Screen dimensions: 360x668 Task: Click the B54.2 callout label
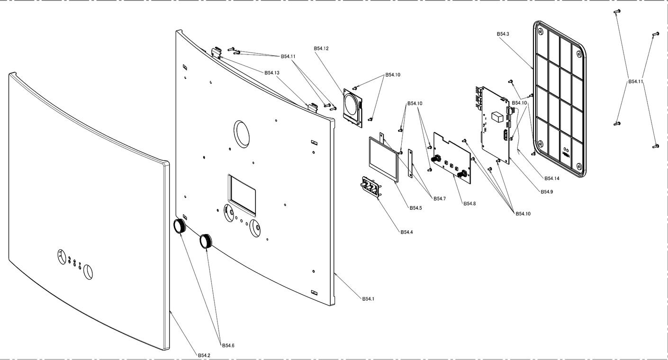tap(204, 355)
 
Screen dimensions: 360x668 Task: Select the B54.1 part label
tap(368, 299)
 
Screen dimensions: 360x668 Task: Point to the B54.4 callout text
tap(406, 232)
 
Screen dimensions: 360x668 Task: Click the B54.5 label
tap(415, 207)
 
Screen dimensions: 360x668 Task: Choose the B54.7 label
tap(439, 198)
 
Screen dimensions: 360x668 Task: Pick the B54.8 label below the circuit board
tap(469, 204)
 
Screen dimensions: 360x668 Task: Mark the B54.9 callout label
tap(547, 191)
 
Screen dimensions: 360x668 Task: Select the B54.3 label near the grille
tap(503, 34)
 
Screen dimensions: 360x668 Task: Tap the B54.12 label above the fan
tap(321, 48)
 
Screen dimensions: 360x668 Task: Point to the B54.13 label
tap(272, 72)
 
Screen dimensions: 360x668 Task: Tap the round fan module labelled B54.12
tap(352, 106)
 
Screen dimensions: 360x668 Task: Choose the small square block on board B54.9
tap(497, 117)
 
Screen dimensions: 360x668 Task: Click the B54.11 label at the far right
tap(636, 81)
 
